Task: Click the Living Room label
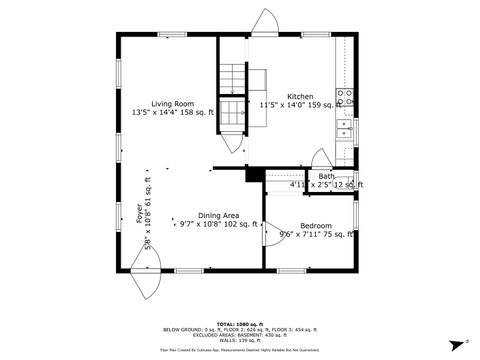coord(172,103)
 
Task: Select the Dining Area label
coord(217,216)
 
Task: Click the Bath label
coord(327,177)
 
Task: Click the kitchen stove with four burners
coord(344,98)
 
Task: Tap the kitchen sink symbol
coord(344,131)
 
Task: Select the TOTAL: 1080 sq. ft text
coord(239,324)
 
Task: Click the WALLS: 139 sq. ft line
coord(239,341)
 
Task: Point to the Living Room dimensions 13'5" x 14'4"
coord(172,112)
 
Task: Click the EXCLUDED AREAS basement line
coord(239,335)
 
